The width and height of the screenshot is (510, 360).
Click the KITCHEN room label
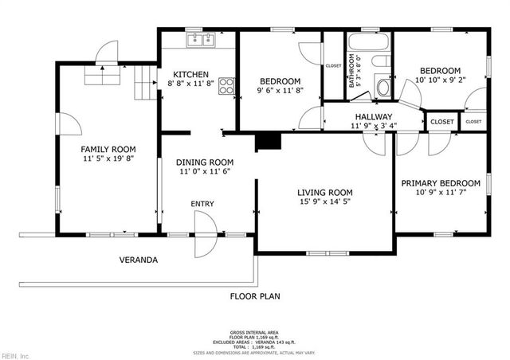(x=191, y=76)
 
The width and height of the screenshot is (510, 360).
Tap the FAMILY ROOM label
(x=108, y=149)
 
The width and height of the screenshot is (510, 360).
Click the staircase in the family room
(x=144, y=80)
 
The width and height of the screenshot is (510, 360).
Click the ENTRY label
(x=202, y=204)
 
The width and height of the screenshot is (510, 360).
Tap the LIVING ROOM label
(x=324, y=193)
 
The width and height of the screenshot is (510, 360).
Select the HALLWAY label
(x=374, y=116)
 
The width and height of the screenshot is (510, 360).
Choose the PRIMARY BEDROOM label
(x=441, y=182)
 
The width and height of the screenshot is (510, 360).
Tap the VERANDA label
(x=139, y=260)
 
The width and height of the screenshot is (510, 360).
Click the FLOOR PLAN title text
(x=255, y=296)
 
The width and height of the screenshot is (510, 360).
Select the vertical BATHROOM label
(x=352, y=72)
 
